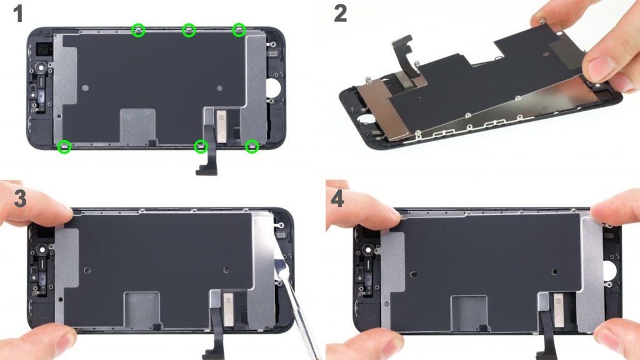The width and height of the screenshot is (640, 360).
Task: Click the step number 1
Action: point(17,14)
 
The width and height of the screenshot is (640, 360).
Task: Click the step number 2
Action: point(340,14)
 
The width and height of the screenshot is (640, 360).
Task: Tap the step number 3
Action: point(21,198)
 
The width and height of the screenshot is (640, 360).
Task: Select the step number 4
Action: point(337,199)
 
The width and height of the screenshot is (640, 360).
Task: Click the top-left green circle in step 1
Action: point(138,30)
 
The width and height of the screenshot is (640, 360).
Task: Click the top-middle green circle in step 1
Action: point(189,30)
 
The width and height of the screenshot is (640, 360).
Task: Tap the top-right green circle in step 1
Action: point(239,30)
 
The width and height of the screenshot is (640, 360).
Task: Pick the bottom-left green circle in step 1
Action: point(64,146)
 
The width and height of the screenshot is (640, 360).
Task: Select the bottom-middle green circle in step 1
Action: point(201,146)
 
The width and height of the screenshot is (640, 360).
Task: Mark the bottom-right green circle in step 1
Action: point(252,146)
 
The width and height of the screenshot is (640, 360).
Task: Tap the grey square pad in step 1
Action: point(137,126)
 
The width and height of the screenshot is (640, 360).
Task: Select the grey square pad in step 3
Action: point(142,310)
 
